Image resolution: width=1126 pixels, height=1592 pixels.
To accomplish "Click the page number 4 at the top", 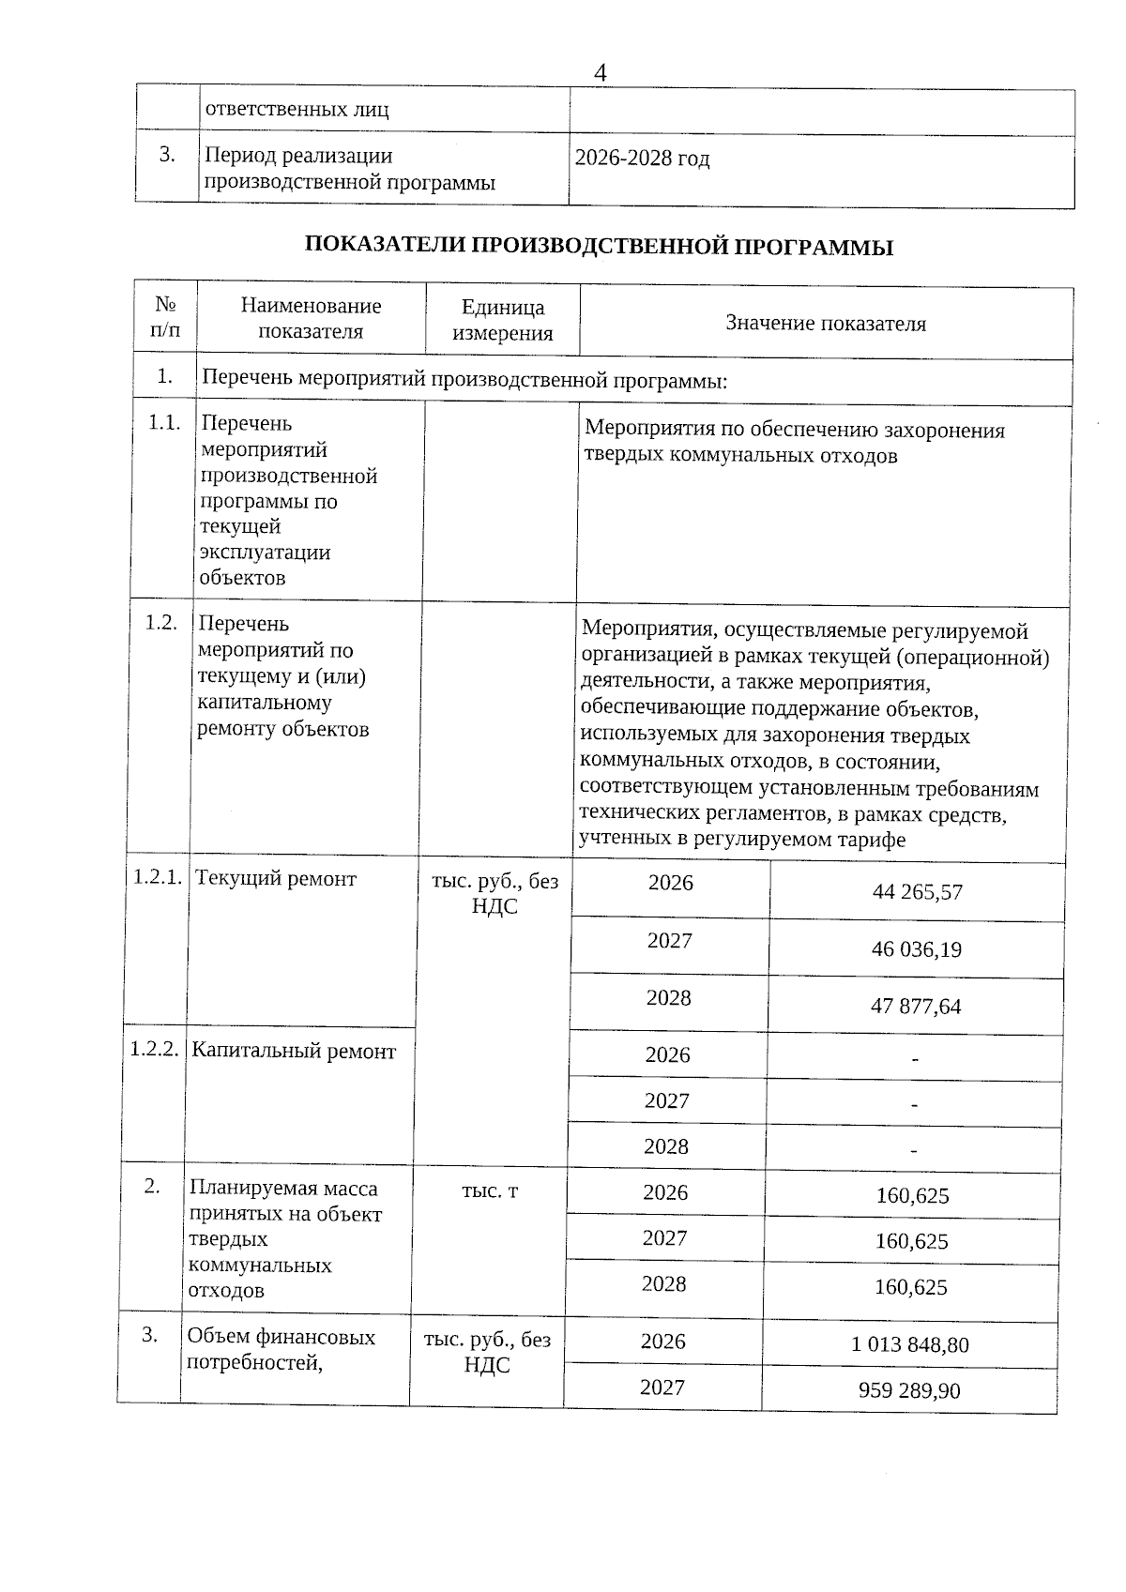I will tap(601, 72).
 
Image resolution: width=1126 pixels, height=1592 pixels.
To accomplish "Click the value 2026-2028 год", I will tap(642, 158).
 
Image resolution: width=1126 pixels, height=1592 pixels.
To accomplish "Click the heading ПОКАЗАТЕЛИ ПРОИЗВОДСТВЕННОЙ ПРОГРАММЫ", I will tap(599, 247).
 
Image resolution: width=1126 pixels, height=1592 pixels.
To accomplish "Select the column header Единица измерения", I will tap(502, 320).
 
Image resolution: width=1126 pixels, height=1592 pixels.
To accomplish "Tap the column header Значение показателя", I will tap(825, 324).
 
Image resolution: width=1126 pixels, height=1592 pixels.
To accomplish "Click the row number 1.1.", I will tap(164, 423).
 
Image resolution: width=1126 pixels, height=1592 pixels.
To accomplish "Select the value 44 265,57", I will tap(917, 892).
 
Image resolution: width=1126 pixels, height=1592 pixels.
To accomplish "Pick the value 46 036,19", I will tap(916, 949).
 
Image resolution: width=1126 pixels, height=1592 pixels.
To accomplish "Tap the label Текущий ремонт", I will tap(275, 879).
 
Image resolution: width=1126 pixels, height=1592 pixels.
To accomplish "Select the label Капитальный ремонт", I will tap(293, 1051).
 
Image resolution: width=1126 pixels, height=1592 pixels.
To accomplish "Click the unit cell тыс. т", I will tap(490, 1191).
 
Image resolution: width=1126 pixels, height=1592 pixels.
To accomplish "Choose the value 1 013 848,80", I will tap(909, 1345).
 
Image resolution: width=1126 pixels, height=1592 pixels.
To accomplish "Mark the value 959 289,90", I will tap(908, 1390).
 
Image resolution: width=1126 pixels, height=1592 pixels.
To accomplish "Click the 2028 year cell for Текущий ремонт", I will tap(668, 998).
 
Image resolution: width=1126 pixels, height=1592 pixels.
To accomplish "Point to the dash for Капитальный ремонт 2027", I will tap(914, 1105).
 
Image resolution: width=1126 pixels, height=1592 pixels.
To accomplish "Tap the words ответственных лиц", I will tap(297, 110).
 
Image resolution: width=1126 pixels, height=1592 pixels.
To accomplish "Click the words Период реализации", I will tap(298, 156).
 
